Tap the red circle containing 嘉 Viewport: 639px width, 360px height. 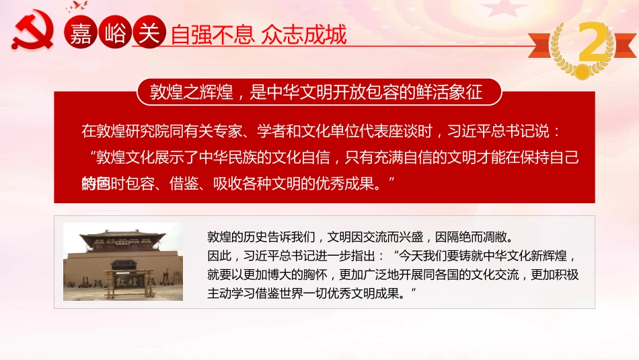pyautogui.click(x=81, y=33)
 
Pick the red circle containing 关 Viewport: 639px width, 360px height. pyautogui.click(x=147, y=33)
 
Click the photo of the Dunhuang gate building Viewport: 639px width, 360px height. pyautogui.click(x=122, y=262)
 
